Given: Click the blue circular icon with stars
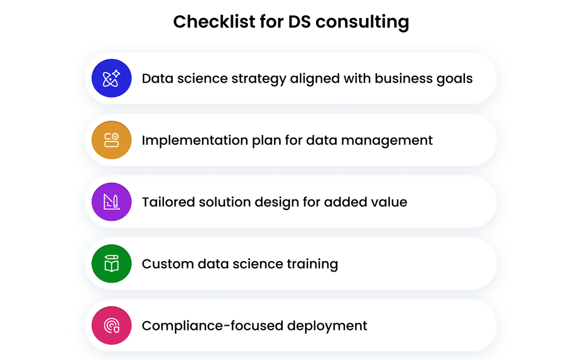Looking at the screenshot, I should pyautogui.click(x=111, y=79).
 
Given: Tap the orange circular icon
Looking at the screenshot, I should pyautogui.click(x=111, y=140).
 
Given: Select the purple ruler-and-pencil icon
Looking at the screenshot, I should pyautogui.click(x=111, y=202).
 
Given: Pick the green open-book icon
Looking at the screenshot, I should pyautogui.click(x=111, y=263).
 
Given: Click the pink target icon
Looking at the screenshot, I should pyautogui.click(x=111, y=325).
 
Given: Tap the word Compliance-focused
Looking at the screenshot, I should pyautogui.click(x=212, y=325).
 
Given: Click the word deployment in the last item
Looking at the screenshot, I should pyautogui.click(x=328, y=325).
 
